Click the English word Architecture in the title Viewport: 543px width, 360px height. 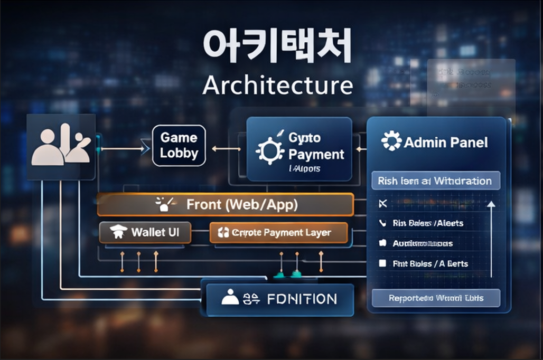click(277, 86)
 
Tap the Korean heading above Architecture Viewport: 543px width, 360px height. click(277, 47)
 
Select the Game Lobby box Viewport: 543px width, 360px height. click(179, 146)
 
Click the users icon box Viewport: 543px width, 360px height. click(61, 147)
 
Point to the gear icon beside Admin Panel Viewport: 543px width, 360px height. click(391, 141)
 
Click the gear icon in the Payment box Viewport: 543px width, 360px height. click(270, 149)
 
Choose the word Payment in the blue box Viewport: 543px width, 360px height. click(316, 154)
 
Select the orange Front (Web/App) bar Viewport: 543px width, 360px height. click(225, 205)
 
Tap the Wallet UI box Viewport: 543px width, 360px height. click(145, 232)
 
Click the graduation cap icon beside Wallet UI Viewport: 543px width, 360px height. click(118, 232)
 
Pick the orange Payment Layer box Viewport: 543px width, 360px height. click(278, 233)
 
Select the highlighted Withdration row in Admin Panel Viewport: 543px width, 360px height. click(435, 181)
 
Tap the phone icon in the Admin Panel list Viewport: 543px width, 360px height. click(382, 223)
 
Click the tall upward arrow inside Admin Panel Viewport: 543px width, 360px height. click(491, 238)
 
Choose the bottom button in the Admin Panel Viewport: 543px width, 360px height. click(436, 298)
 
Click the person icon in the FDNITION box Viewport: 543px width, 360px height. click(230, 298)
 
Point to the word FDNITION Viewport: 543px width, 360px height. click(302, 299)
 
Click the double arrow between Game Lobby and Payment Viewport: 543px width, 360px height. click(226, 149)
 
